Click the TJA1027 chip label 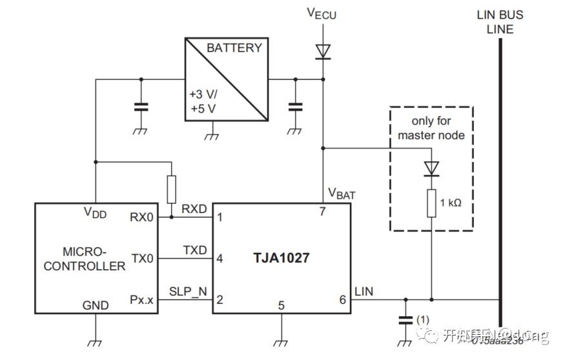click(281, 258)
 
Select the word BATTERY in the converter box click(234, 48)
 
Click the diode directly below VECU click(322, 50)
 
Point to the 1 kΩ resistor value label click(450, 203)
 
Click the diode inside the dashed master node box click(431, 168)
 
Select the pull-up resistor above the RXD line click(171, 189)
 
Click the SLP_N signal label click(188, 291)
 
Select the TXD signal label click(194, 250)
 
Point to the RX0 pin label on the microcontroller click(142, 217)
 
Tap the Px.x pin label click(142, 300)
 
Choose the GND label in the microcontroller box click(96, 305)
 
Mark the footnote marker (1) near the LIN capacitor click(423, 318)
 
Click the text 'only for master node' click(431, 128)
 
